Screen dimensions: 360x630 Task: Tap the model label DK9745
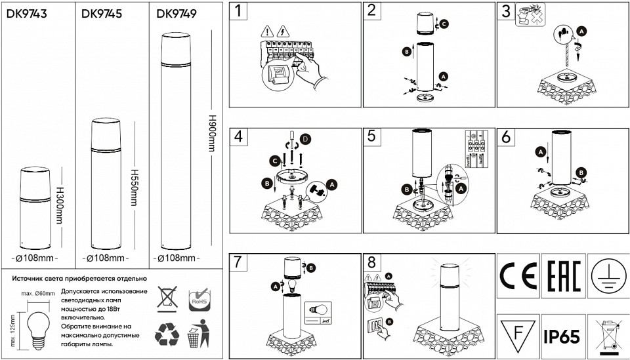102,13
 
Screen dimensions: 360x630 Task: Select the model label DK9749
177,13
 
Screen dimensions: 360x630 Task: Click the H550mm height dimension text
135,186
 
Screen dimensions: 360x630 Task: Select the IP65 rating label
562,337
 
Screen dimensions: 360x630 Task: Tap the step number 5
371,136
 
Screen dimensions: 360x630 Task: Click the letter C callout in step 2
444,24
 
